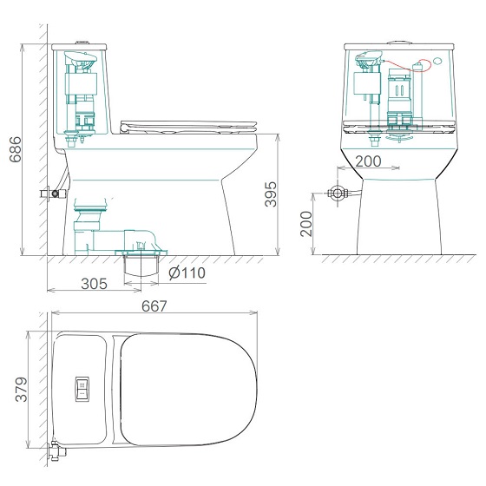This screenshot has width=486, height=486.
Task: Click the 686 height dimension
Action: [16, 149]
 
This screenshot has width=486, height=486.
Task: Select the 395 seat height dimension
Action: [271, 194]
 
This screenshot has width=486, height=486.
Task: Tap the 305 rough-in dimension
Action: [94, 284]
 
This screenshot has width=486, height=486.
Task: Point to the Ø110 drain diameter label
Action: [187, 273]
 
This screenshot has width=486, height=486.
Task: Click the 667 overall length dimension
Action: [154, 306]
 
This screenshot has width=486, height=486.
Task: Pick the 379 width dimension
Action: [22, 390]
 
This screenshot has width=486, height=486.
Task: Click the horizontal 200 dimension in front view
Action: [368, 161]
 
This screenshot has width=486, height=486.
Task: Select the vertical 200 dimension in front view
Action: [306, 224]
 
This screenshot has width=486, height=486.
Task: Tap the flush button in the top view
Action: [82, 389]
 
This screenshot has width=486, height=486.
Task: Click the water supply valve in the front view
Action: [338, 194]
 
